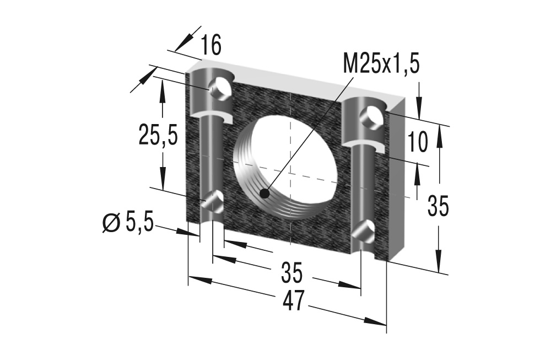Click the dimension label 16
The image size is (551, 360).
point(210,46)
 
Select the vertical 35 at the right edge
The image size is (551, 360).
point(439,207)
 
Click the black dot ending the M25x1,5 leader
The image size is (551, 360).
point(265,194)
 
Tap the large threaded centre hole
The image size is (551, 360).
point(289,165)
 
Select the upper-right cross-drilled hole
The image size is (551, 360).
point(369,117)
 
